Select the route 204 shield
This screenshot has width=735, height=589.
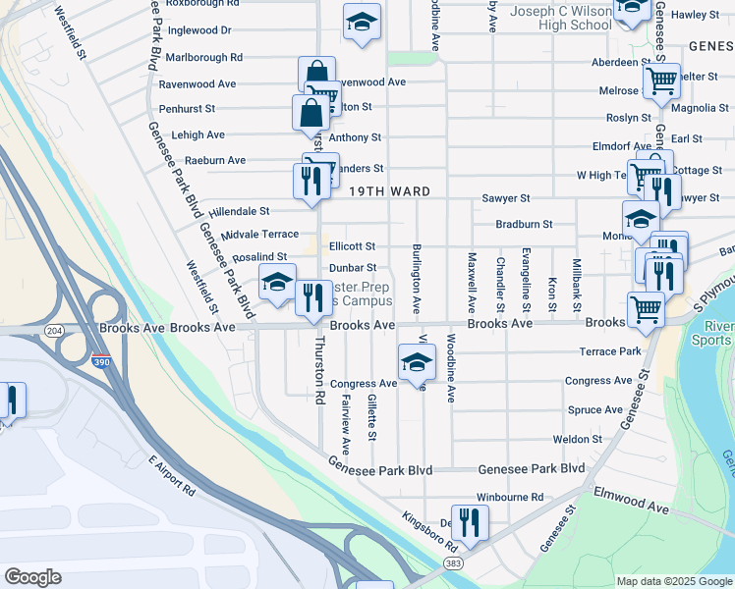tap(54, 331)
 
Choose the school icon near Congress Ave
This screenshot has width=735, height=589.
tap(416, 362)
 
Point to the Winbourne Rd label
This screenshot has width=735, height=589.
tap(510, 498)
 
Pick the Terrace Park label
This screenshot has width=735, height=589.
tap(609, 350)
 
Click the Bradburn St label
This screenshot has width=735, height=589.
tap(525, 224)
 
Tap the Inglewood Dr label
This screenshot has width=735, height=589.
tap(199, 30)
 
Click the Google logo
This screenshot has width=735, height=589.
tap(33, 577)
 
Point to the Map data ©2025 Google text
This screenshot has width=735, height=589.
tap(674, 581)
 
